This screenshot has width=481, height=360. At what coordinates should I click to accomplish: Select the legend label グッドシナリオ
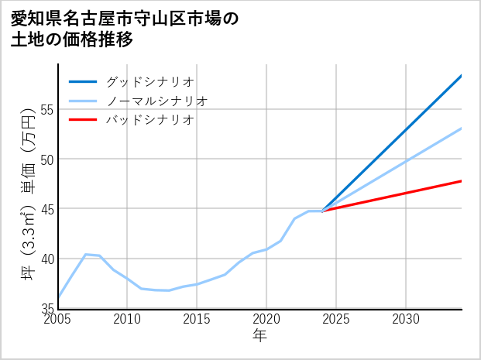(x=149, y=81)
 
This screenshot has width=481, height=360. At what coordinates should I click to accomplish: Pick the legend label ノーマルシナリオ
(x=156, y=101)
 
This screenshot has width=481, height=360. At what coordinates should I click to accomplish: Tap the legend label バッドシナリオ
(x=149, y=120)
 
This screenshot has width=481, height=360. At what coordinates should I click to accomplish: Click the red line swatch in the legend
(x=83, y=120)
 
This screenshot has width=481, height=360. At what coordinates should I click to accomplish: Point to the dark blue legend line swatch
(x=83, y=81)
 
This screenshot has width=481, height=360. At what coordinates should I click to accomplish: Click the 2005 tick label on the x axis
(x=58, y=319)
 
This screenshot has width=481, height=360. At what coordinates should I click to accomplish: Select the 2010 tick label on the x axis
(x=127, y=319)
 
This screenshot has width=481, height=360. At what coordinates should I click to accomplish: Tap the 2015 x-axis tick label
(x=197, y=319)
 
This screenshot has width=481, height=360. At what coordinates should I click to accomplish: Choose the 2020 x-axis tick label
(x=266, y=319)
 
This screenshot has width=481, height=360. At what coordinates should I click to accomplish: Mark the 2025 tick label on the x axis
(x=336, y=319)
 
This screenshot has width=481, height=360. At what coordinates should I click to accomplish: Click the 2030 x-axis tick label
(x=406, y=319)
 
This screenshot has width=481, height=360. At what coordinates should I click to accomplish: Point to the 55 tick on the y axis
(x=46, y=109)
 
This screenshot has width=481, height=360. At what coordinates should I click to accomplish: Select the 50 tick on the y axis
(x=46, y=159)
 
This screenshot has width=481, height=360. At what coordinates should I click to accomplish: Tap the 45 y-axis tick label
(x=46, y=209)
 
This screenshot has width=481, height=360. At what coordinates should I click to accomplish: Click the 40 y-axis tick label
(x=46, y=259)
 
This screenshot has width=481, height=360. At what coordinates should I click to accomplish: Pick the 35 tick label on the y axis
(x=46, y=308)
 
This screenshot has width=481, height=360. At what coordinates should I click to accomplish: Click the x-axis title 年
(x=259, y=335)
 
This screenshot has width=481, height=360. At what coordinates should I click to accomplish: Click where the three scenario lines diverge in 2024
(x=322, y=211)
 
